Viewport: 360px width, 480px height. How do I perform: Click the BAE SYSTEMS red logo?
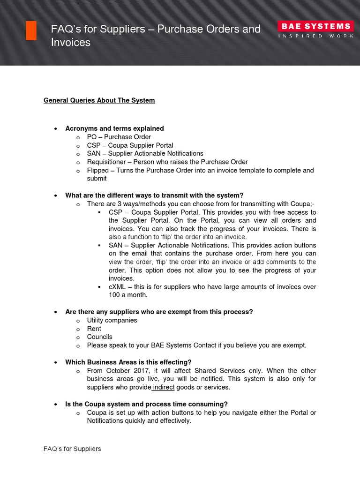[314, 26]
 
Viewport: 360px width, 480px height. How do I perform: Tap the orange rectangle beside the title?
[31, 30]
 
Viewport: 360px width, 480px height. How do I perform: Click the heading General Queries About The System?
[99, 100]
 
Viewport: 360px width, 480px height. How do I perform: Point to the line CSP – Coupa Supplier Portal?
[130, 145]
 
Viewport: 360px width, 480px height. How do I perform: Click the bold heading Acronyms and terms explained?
[114, 128]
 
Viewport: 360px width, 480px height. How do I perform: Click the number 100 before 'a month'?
[114, 295]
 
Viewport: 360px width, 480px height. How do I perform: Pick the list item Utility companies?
[112, 320]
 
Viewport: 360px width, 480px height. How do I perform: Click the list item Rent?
[94, 329]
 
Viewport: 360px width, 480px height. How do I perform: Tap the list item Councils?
[99, 337]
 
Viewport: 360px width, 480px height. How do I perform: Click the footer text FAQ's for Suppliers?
[72, 449]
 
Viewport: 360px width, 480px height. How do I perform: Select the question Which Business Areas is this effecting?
[128, 362]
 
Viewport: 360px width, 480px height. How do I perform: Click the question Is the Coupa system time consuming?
[146, 404]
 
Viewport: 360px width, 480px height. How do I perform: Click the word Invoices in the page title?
[71, 43]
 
